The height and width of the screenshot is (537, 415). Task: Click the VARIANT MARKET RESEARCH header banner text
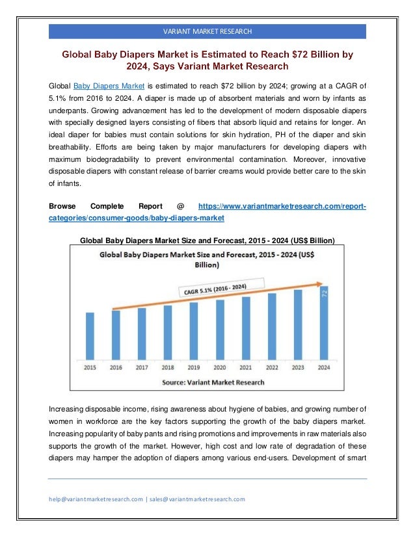(207, 31)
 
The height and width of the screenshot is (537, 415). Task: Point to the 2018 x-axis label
(168, 367)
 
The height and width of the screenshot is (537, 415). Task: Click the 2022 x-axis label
(272, 367)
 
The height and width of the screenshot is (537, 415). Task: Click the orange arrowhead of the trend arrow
(323, 283)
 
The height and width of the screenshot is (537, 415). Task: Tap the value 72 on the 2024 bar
(325, 295)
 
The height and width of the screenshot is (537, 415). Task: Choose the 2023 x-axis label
(298, 367)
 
